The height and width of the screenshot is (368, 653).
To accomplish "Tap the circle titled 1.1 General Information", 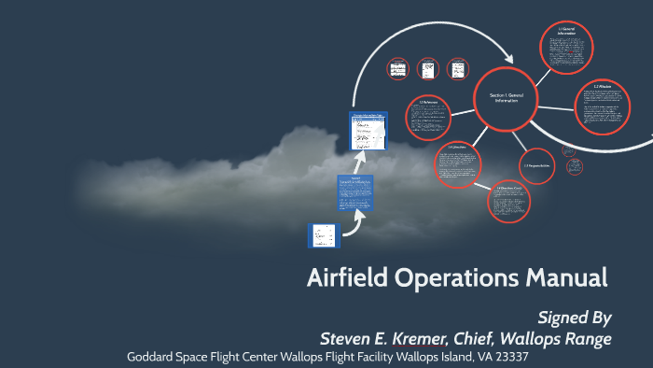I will click(566, 46).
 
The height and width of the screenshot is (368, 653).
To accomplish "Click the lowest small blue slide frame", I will click(323, 235).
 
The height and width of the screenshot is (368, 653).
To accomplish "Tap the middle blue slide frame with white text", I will click(354, 193).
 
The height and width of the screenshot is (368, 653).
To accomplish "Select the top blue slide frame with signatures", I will click(369, 131).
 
